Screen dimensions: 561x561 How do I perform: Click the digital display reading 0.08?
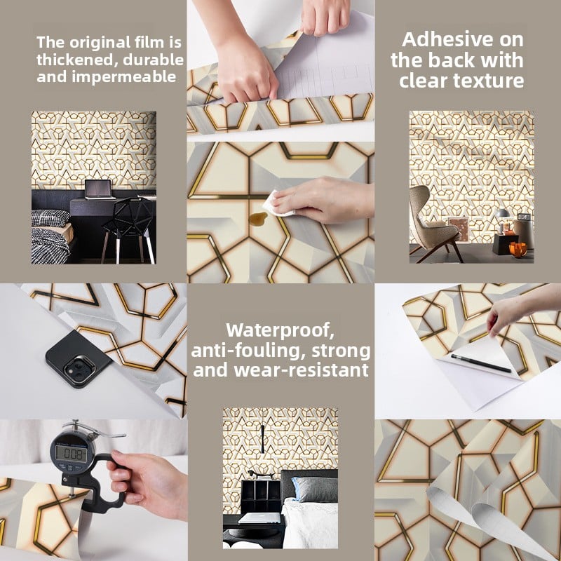(72, 454)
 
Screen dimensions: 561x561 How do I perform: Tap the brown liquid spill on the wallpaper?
(257, 219)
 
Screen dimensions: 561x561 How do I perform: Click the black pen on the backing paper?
(481, 363)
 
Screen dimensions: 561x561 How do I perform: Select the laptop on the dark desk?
(99, 189)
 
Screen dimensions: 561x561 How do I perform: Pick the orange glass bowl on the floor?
(518, 249)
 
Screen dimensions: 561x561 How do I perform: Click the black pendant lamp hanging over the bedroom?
(262, 439)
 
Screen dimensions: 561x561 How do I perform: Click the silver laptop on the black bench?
(259, 518)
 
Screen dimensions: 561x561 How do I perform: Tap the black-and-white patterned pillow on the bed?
(50, 218)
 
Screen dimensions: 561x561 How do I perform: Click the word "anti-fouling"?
(248, 351)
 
